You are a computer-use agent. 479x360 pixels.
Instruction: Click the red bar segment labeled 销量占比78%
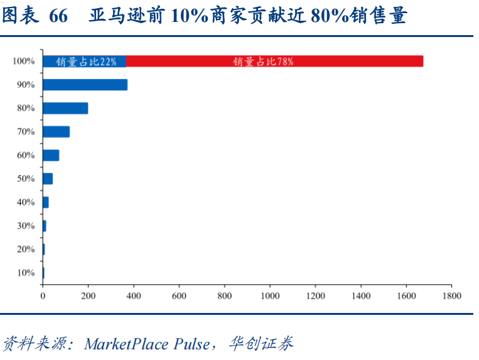(x=274, y=61)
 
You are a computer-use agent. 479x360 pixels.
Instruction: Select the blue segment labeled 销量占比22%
(x=84, y=61)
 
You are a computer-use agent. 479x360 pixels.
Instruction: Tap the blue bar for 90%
(x=85, y=85)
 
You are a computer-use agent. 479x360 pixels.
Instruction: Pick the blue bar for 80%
(x=65, y=109)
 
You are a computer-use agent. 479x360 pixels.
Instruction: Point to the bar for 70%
(x=56, y=132)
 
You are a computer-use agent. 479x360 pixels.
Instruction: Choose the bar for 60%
(x=51, y=156)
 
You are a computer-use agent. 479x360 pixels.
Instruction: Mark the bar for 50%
(x=48, y=179)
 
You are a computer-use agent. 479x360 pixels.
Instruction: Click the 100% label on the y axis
(x=23, y=61)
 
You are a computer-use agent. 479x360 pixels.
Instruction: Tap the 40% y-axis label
(x=26, y=203)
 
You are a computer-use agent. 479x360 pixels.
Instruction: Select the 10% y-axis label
(x=26, y=273)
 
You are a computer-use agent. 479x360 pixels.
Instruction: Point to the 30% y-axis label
(x=26, y=226)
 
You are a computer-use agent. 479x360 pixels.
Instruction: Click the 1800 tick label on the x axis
(x=451, y=295)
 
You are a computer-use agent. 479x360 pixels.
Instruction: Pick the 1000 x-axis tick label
(x=270, y=295)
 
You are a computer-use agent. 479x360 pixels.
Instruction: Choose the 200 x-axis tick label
(x=88, y=295)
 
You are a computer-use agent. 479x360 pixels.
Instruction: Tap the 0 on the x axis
(x=43, y=295)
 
